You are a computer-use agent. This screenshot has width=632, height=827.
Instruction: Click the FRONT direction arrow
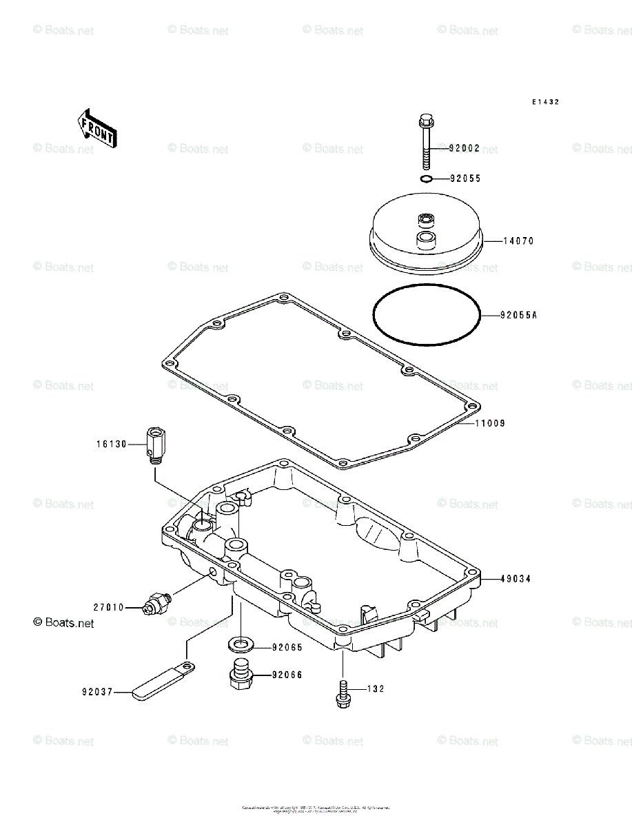coord(96,127)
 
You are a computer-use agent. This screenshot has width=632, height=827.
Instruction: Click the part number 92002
coord(464,148)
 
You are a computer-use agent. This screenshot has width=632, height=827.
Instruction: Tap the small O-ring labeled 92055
coord(427,179)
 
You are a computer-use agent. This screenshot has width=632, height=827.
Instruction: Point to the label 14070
coord(518,241)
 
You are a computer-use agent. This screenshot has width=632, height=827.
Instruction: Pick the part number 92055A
coord(518,316)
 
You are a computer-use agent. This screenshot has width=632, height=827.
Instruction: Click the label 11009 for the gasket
coord(489,423)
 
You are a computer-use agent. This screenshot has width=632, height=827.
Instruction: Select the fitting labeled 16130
coord(155,445)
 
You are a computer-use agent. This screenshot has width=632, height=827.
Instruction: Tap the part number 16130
coord(112,445)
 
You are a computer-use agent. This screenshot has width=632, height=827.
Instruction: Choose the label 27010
coord(109,607)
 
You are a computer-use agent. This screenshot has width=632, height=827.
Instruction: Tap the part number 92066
coord(287,675)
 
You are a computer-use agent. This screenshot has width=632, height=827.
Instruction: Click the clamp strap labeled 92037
coord(162,680)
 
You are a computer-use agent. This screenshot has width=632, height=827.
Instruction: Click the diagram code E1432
coord(545,102)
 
